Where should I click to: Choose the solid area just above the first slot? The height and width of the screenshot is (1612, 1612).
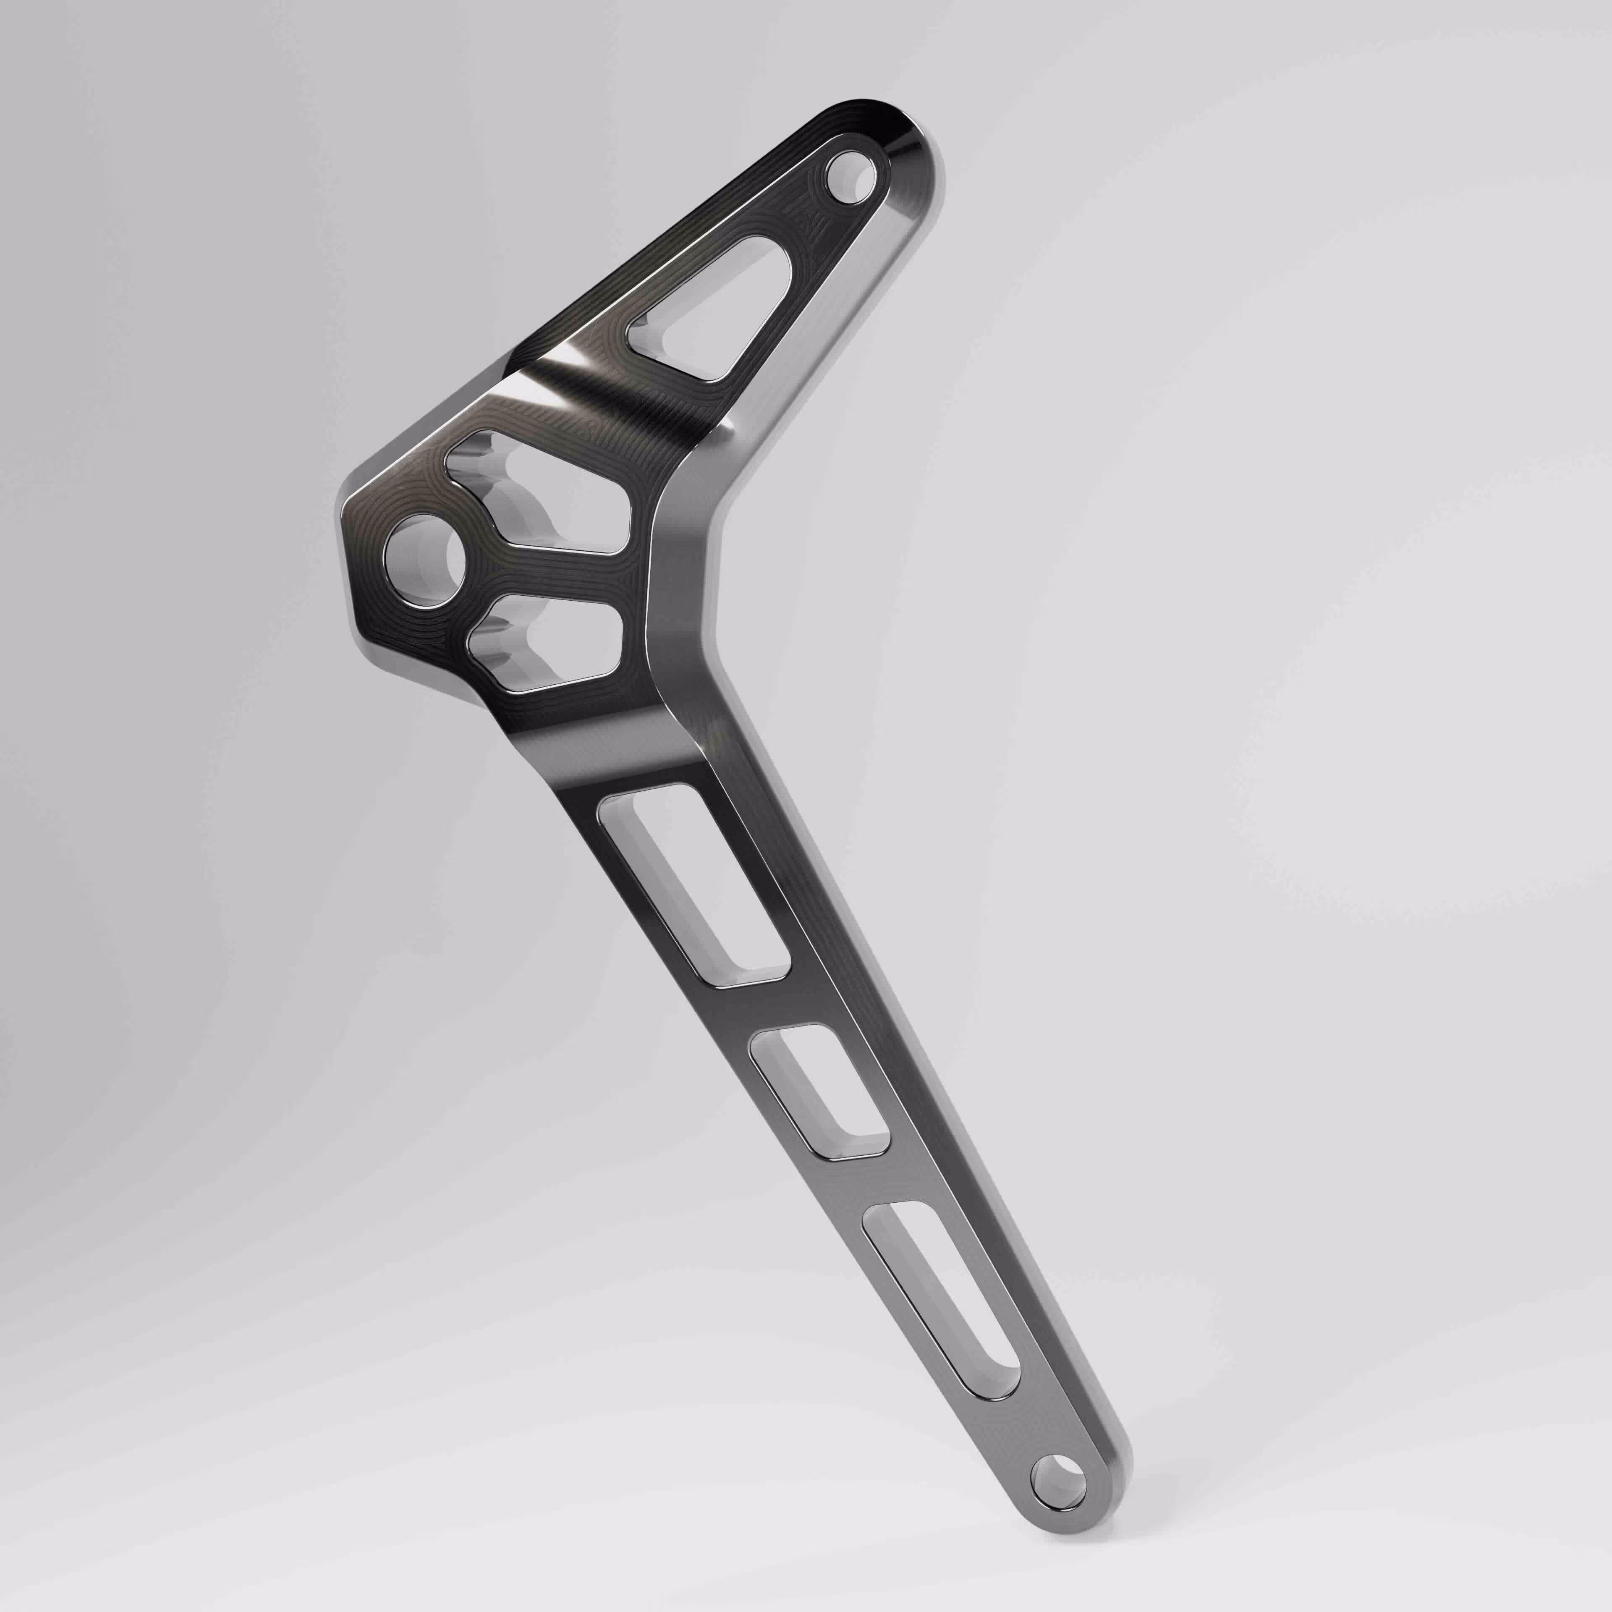638,759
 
